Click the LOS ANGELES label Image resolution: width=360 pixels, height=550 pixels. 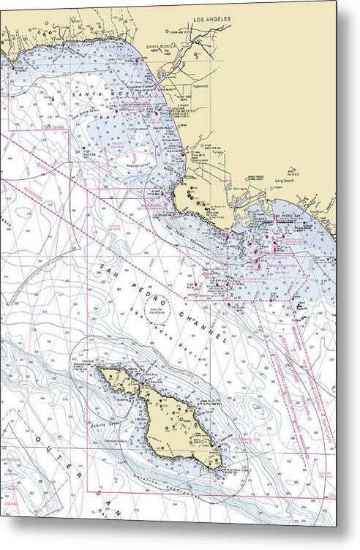[x=211, y=18]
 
